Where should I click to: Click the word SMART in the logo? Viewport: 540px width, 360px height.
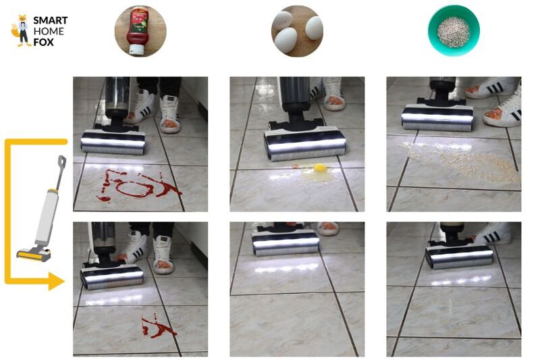coord(50,20)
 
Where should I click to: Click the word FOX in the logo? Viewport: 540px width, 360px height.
coord(45,42)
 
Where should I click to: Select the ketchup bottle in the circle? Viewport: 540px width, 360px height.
coord(140,30)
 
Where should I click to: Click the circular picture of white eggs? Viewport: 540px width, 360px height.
coord(297,31)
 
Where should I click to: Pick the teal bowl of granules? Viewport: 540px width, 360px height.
coord(454,30)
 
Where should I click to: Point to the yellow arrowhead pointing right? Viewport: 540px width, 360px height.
coord(58,282)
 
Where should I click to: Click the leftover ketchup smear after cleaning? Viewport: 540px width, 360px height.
coord(157,328)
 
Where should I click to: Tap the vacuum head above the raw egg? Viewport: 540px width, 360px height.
coord(305,143)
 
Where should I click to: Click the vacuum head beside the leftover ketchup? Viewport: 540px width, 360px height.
coord(112,276)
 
